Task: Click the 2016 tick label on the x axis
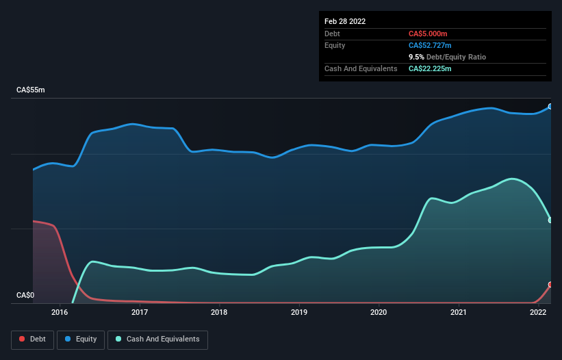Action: pyautogui.click(x=60, y=313)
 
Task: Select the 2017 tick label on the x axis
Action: pyautogui.click(x=140, y=313)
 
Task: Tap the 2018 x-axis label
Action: pyautogui.click(x=220, y=313)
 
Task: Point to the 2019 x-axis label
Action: pyautogui.click(x=299, y=313)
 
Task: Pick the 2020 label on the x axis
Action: pyautogui.click(x=379, y=313)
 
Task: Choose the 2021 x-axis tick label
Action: pyautogui.click(x=459, y=313)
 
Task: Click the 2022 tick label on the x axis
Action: pyautogui.click(x=538, y=313)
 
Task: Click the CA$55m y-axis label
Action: pyautogui.click(x=31, y=90)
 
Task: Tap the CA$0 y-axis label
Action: pyautogui.click(x=25, y=296)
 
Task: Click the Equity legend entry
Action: pyautogui.click(x=81, y=339)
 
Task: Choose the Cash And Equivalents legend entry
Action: pyautogui.click(x=157, y=339)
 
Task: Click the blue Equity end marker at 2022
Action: pyautogui.click(x=550, y=106)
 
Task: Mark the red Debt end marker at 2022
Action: pyautogui.click(x=550, y=285)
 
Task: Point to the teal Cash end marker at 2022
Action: pyautogui.click(x=550, y=220)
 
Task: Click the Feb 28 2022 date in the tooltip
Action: pyautogui.click(x=345, y=21)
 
